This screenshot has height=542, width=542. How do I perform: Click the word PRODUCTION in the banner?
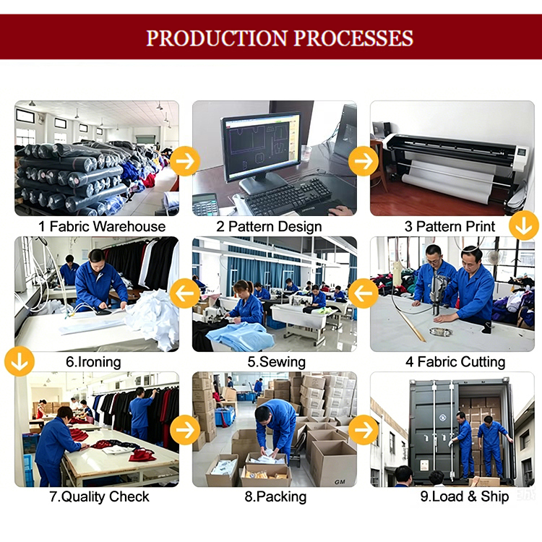coord(217,38)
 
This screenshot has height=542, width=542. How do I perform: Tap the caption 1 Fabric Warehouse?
coord(102,227)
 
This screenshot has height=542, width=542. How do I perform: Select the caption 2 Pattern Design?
coord(269,227)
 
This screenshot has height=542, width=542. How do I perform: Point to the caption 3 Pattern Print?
coord(449,227)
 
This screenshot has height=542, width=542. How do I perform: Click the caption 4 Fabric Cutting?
coord(455,362)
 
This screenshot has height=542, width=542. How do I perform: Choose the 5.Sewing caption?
coord(276,362)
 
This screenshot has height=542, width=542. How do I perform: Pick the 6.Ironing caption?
coord(93,362)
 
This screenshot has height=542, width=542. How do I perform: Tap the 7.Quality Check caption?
coord(100,496)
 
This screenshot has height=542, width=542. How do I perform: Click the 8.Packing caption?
coord(275,496)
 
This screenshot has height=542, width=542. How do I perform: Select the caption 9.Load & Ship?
coord(465,496)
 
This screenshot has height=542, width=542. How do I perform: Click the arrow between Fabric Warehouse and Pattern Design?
coord(185,161)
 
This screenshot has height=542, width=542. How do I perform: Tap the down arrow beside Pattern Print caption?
coord(524,225)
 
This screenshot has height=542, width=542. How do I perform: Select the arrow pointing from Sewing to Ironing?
coord(185,293)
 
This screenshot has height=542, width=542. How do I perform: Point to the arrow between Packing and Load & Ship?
coord(364,430)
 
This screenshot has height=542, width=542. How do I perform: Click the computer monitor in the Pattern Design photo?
coord(261,152)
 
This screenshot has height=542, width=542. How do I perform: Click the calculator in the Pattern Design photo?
coord(205,204)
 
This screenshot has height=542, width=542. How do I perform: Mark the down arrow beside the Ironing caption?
coord(20,361)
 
